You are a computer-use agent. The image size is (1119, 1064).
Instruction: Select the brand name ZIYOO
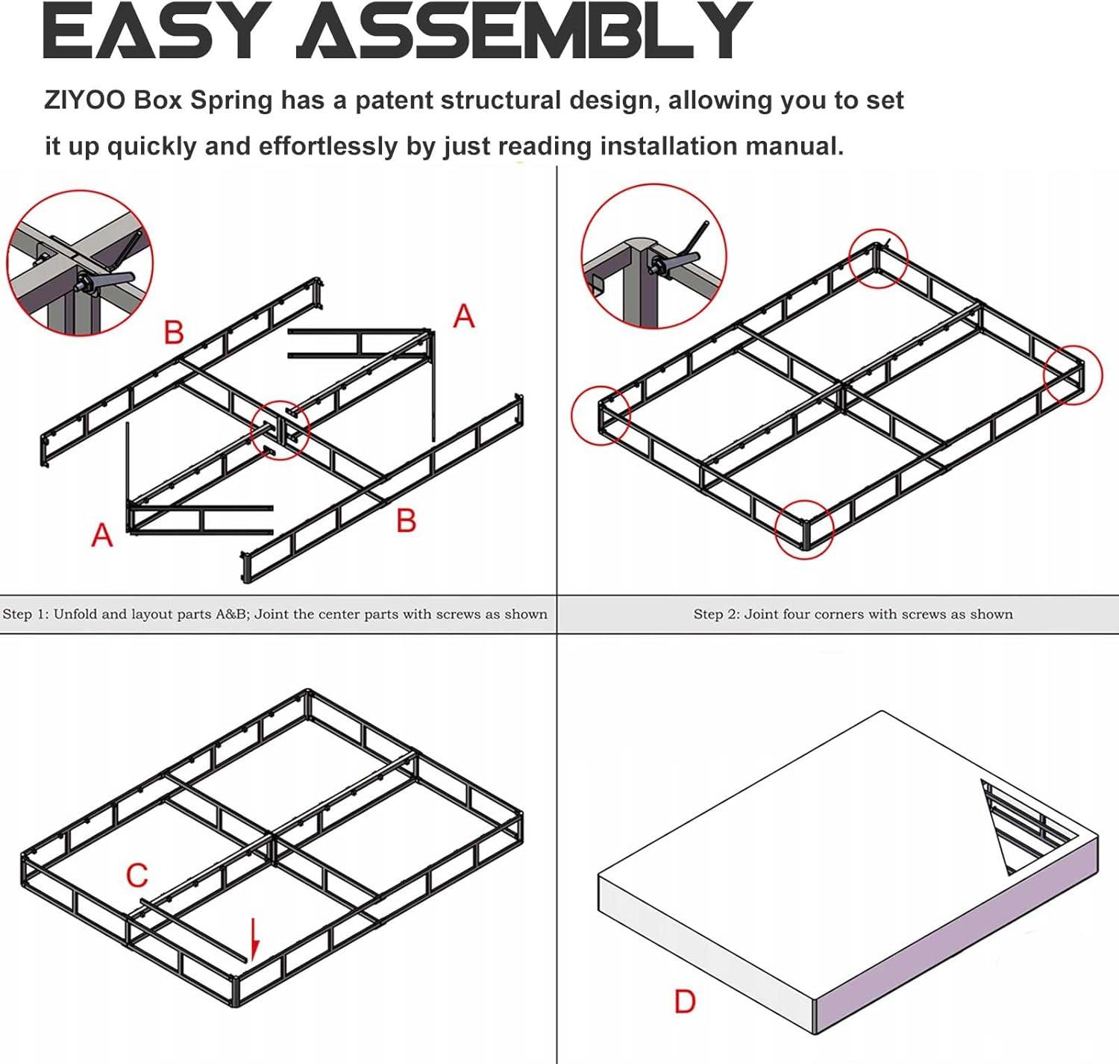[x=84, y=100]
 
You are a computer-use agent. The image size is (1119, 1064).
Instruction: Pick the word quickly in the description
[x=152, y=146]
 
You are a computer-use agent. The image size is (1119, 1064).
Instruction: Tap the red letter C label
[x=137, y=875]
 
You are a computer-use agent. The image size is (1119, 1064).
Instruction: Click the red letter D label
[x=684, y=1001]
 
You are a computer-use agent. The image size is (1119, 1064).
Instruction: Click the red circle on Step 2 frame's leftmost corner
[x=601, y=416]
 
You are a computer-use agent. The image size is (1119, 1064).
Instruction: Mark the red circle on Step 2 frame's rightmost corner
[x=1072, y=375]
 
